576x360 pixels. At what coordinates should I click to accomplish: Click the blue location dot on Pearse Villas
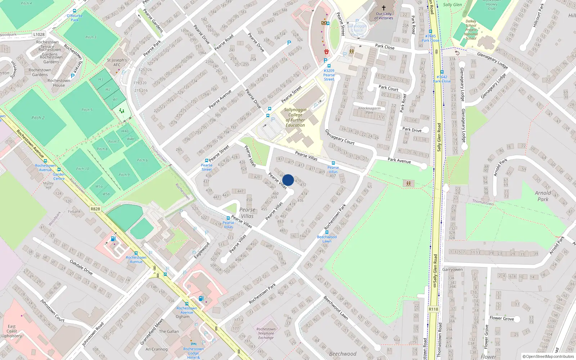click(x=288, y=180)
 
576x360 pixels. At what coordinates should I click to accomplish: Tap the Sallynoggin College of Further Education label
click(x=295, y=117)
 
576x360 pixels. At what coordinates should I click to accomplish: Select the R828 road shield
click(x=95, y=209)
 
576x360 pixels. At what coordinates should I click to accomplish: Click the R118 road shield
click(x=433, y=309)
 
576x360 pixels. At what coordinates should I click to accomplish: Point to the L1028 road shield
click(x=39, y=35)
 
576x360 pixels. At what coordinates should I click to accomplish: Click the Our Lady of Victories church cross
click(x=384, y=8)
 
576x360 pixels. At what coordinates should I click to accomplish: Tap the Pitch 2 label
click(x=38, y=118)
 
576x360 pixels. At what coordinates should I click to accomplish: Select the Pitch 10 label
click(x=82, y=169)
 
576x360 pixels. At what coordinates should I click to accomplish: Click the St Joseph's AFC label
click(x=117, y=62)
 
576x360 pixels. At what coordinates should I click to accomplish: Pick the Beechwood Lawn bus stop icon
click(x=327, y=232)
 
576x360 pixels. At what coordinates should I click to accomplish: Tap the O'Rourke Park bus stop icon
click(x=75, y=11)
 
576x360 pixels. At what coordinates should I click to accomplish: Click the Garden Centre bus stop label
click(x=59, y=176)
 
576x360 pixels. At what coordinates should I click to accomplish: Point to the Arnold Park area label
click(x=543, y=196)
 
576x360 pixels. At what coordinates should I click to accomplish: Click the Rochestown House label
click(x=59, y=83)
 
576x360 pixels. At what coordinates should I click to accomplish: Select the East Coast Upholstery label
click(x=12, y=331)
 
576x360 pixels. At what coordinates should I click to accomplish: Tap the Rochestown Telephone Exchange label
click(x=266, y=333)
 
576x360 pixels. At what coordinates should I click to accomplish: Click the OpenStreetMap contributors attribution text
click(x=548, y=357)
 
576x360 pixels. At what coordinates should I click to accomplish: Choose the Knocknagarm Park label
click(x=369, y=110)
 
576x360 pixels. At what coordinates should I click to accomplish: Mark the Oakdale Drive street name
click(x=81, y=267)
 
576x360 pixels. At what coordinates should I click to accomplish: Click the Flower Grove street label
click(x=501, y=318)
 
